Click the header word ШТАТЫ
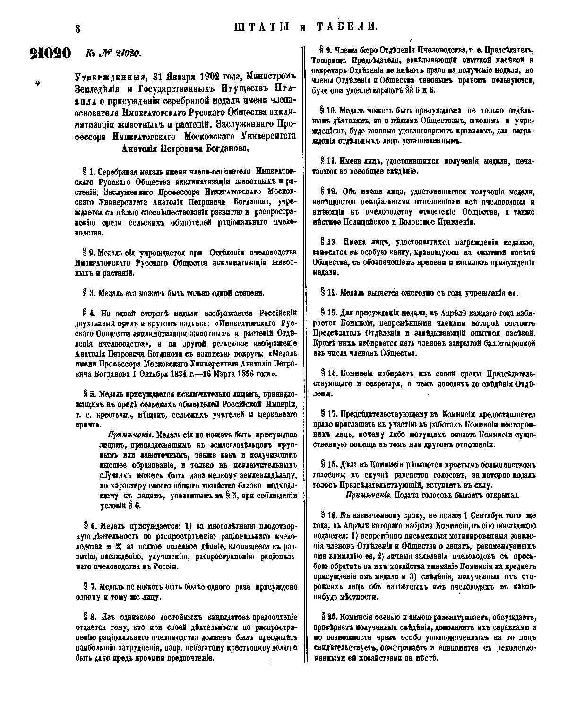click(x=261, y=27)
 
